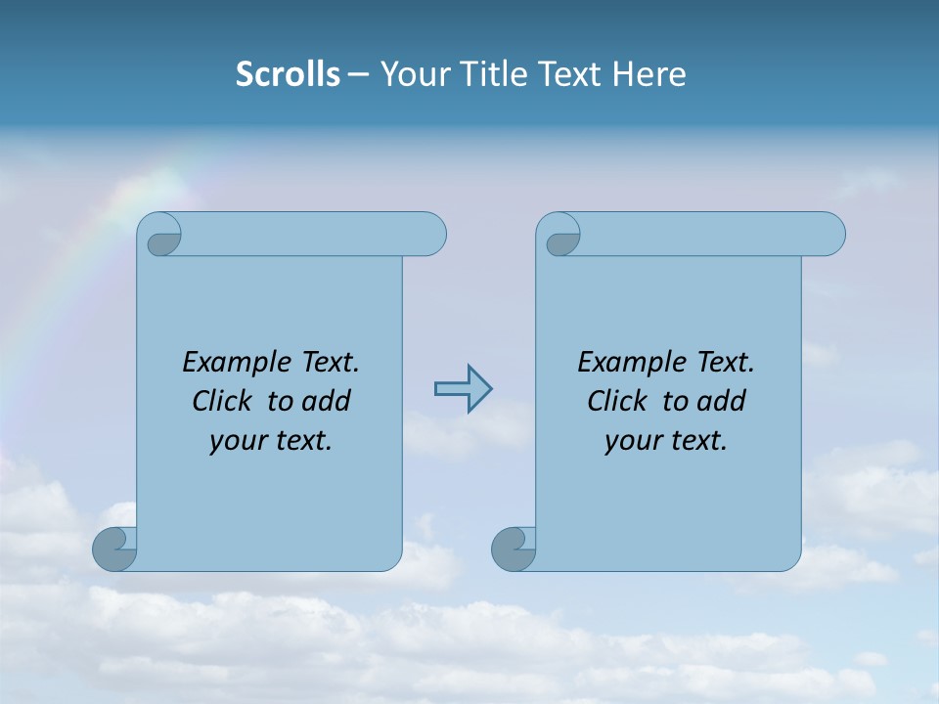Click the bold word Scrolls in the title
coord(289,74)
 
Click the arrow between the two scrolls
coord(463,389)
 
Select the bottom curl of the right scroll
coord(514,549)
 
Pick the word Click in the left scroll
coord(214,401)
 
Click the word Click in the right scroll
coord(609,401)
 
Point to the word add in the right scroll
coord(722,401)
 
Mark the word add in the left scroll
coord(327,401)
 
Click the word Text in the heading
coord(569,74)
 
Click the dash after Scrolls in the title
coord(357,75)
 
